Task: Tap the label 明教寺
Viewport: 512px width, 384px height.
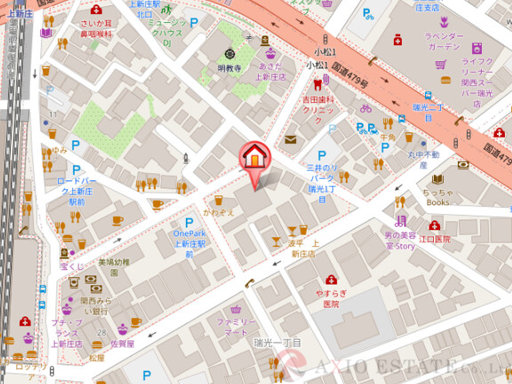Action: [229, 67]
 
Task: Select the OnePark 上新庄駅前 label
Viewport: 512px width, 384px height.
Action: [189, 243]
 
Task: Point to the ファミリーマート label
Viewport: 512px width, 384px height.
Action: [236, 326]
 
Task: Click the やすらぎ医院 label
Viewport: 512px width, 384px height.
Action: [331, 298]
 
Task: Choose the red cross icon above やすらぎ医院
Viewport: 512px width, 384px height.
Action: [331, 278]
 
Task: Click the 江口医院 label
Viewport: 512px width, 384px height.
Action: [435, 239]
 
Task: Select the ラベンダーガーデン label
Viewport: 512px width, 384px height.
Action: [419, 41]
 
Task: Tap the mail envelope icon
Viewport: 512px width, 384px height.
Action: [291, 140]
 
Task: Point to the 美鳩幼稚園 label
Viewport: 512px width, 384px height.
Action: [114, 267]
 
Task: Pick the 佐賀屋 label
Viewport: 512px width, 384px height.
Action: [123, 342]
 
